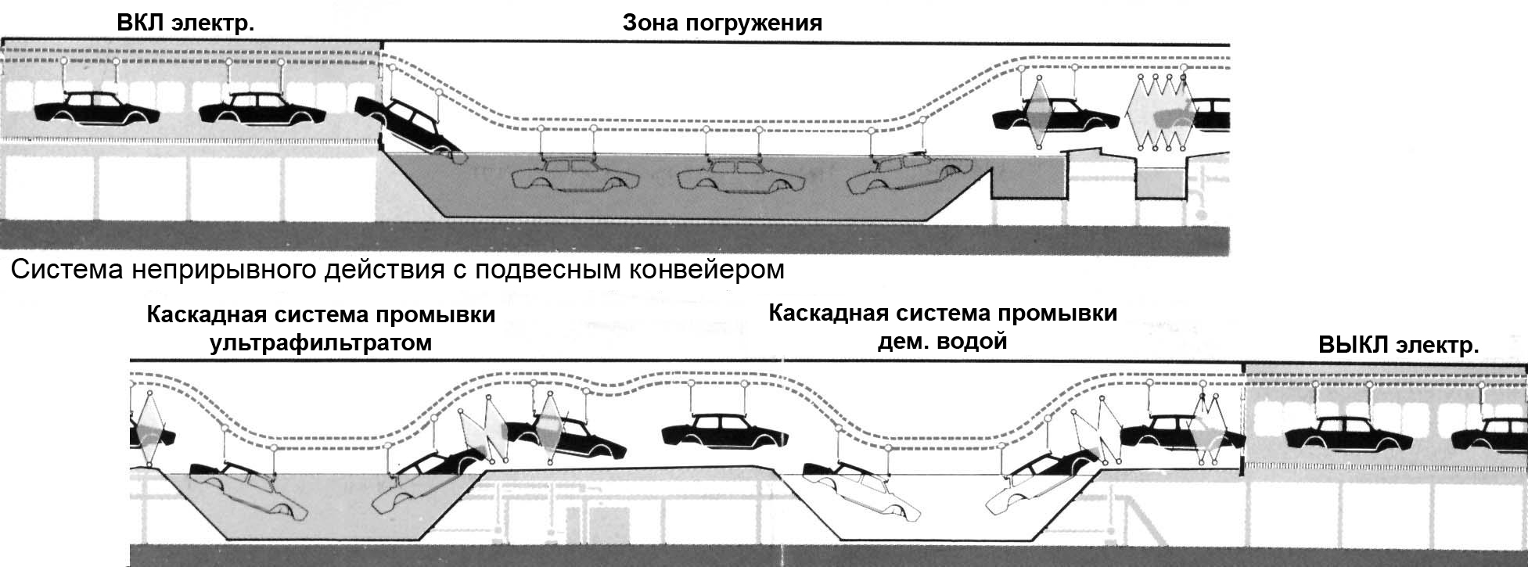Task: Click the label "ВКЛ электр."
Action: click(185, 23)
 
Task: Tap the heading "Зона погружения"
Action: click(722, 23)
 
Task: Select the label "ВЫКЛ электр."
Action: click(1398, 345)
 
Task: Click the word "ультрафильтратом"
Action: click(321, 343)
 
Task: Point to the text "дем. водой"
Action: click(942, 342)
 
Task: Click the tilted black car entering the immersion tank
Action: click(407, 126)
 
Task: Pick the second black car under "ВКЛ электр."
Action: click(257, 109)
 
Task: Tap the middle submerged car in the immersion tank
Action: click(739, 176)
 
